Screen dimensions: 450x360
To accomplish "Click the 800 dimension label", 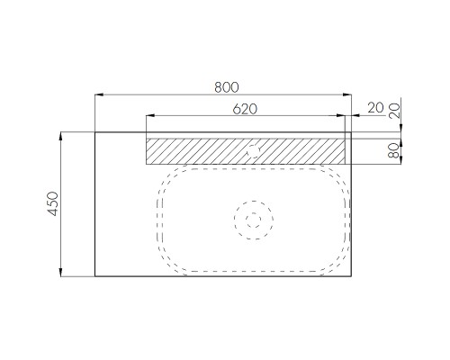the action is (x=227, y=87).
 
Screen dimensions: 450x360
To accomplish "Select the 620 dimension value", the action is (x=245, y=109).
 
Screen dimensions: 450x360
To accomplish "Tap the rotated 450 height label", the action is (x=53, y=203).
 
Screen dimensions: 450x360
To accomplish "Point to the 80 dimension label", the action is (x=393, y=150).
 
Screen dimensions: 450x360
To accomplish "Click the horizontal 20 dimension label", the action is (x=375, y=108).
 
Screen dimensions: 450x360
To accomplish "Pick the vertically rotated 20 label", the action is (x=394, y=111).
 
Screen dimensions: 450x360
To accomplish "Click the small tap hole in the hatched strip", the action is (x=254, y=151).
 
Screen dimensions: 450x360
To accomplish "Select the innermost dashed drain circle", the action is (x=254, y=220).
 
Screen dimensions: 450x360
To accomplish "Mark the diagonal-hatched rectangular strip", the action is (x=246, y=151).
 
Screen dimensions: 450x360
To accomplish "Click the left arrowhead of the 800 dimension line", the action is (x=99, y=94).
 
